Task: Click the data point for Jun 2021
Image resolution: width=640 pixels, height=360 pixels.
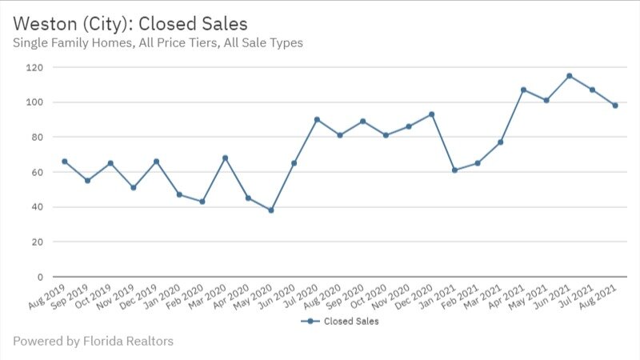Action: click(570, 76)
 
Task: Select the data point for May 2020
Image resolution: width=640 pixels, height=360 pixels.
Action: click(271, 210)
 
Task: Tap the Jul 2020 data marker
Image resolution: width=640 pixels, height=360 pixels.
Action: click(317, 119)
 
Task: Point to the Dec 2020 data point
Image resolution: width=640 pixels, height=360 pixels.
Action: click(432, 114)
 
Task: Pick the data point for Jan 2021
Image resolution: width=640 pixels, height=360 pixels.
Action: click(455, 170)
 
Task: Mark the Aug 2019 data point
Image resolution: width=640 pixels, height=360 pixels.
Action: click(65, 162)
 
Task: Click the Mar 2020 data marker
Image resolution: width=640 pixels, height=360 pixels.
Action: click(226, 158)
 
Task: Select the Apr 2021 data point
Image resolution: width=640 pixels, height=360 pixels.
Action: click(524, 90)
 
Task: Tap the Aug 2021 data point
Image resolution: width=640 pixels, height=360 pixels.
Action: click(615, 106)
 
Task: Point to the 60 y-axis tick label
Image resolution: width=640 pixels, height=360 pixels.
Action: click(36, 172)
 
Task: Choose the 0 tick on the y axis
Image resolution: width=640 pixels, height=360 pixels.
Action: click(38, 277)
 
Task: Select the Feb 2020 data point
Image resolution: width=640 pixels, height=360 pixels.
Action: click(202, 202)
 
